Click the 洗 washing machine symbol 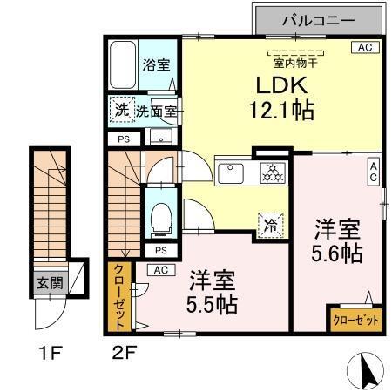coord(121,111)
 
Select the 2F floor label coord(125,355)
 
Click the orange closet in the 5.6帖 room coord(355,320)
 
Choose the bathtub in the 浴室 coord(122,64)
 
